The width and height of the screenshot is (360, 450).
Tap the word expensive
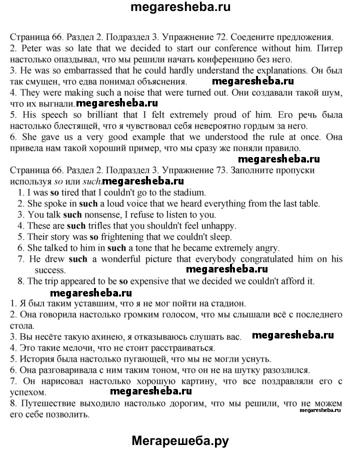coord(149,281)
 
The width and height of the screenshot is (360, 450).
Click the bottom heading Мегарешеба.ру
coord(180,440)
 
